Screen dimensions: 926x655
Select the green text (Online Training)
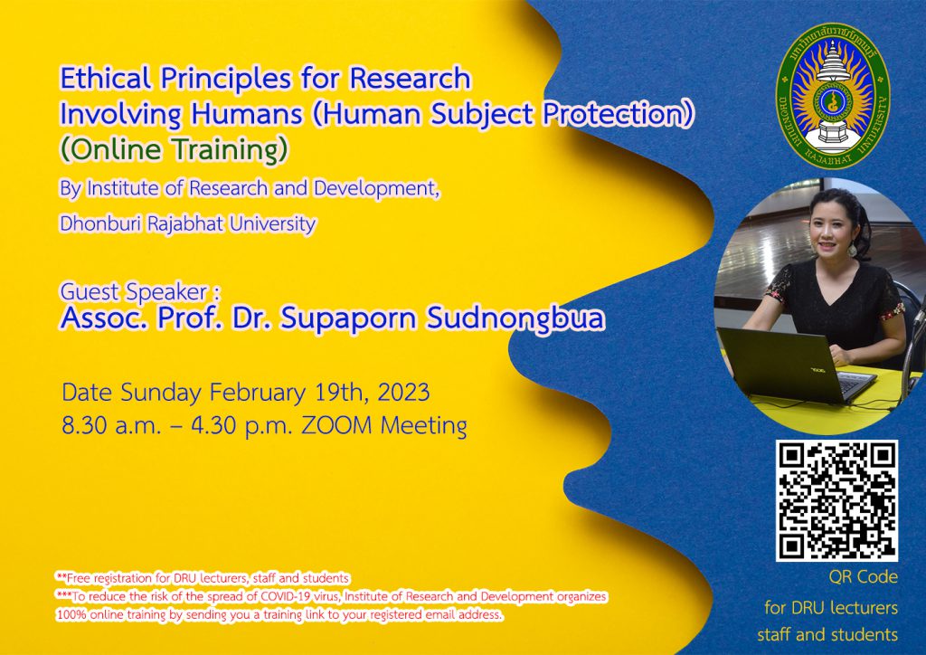[x=175, y=149]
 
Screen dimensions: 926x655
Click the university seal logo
[x=832, y=95]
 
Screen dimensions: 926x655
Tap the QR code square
[x=836, y=500]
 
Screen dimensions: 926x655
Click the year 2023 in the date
[x=404, y=393]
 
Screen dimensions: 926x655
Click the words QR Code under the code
[x=863, y=577]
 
